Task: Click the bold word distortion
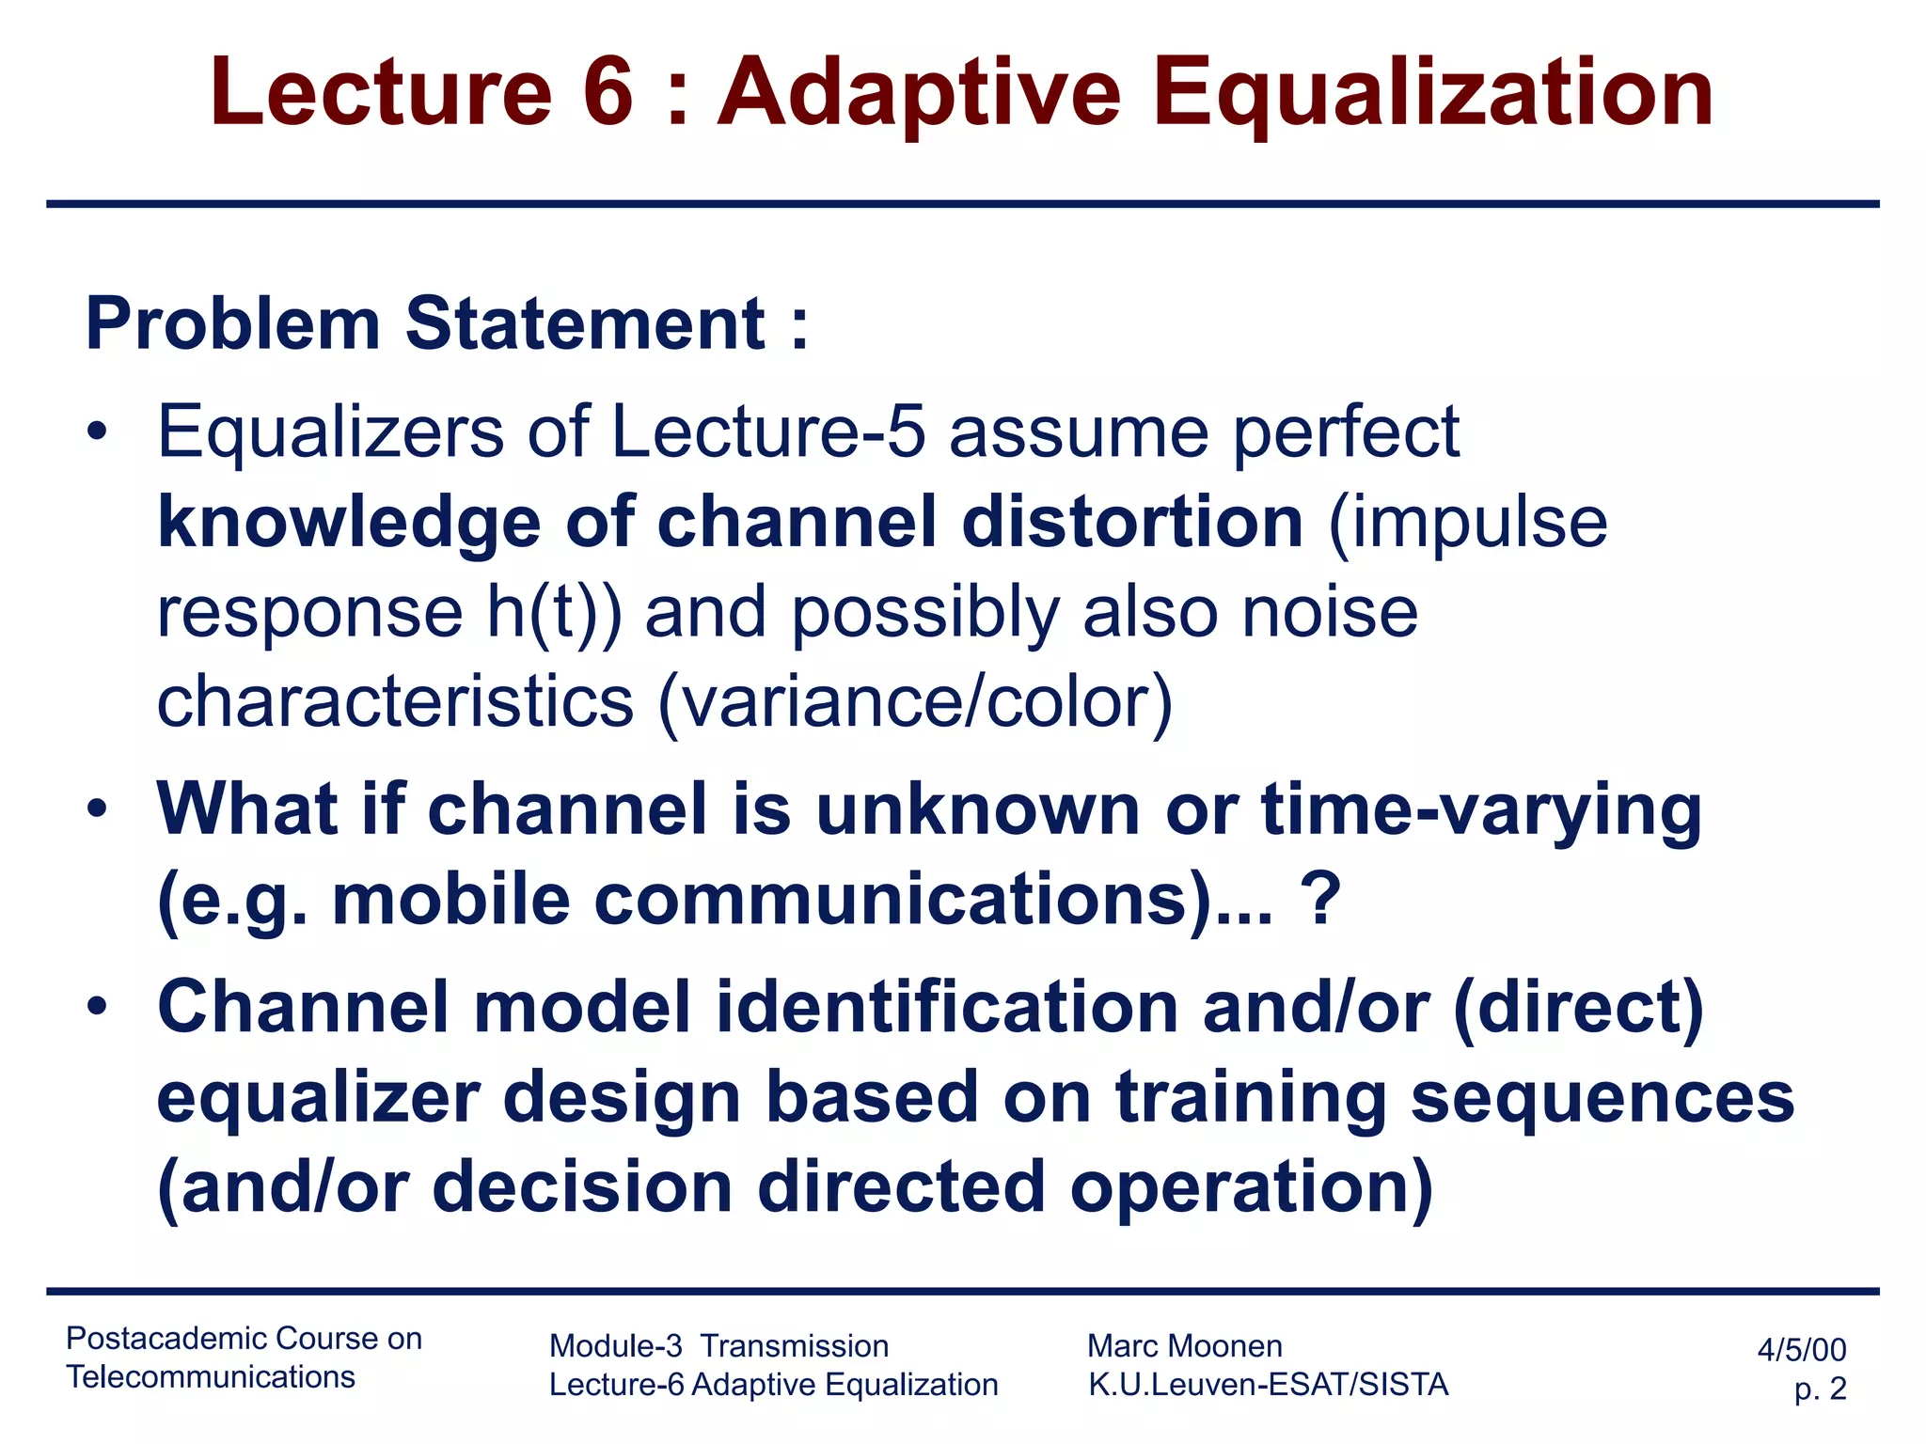tap(1132, 523)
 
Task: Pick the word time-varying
tap(1480, 810)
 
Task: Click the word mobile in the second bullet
tap(450, 900)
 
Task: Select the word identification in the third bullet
tap(947, 1007)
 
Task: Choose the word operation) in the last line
tap(1251, 1186)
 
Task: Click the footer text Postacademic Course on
tap(244, 1338)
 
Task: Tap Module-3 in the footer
tap(615, 1346)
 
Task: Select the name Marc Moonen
tap(1184, 1346)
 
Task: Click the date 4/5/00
tap(1801, 1350)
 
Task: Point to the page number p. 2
tap(1820, 1389)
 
